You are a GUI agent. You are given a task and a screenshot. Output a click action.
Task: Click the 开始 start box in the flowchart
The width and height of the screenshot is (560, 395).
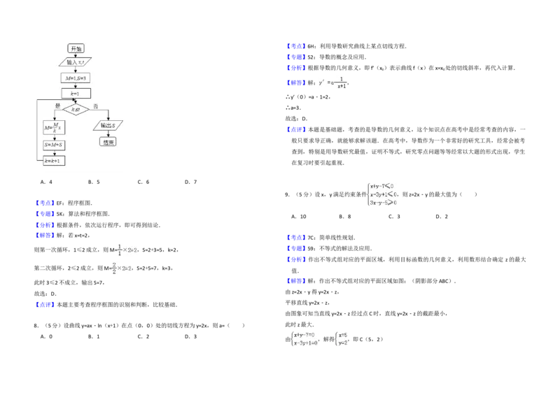76,48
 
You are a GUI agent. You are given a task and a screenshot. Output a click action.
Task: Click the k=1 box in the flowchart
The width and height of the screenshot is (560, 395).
76,93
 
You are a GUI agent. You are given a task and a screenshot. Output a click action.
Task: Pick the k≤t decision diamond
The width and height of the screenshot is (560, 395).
76,110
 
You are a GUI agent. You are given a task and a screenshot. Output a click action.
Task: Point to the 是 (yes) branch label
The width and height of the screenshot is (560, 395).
58,106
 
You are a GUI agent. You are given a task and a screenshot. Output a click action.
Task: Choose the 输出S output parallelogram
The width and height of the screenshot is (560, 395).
108,126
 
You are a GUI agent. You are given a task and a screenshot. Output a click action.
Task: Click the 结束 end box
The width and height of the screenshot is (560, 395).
108,141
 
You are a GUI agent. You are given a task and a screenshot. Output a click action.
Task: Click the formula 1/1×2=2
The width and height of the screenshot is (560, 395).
126,249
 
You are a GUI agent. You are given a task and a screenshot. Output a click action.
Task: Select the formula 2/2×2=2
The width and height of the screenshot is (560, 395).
120,268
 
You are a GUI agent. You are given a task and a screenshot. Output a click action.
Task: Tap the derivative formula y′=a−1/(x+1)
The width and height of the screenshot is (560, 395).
331,82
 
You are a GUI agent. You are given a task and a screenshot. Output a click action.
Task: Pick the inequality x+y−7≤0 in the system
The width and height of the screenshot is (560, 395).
382,185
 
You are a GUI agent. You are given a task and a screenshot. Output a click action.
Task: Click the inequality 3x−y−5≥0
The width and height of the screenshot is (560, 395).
382,203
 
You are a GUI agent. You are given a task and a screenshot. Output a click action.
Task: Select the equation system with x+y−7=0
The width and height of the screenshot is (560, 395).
304,338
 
